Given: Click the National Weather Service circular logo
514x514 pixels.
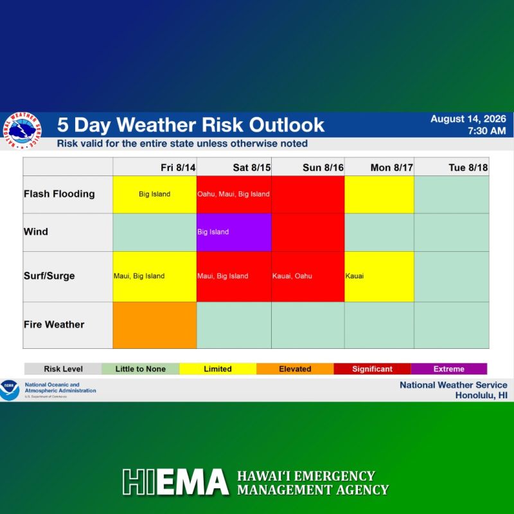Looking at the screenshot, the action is (22, 130).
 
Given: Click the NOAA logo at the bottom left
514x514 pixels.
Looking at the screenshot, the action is (10, 390).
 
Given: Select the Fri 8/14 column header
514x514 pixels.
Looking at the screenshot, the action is (178, 168).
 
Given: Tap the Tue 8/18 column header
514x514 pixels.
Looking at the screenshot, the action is (468, 168).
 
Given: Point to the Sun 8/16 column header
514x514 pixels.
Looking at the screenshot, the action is (323, 168).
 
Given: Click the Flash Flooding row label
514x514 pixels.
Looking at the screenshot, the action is (59, 194).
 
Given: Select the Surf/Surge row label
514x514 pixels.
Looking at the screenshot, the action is (49, 276).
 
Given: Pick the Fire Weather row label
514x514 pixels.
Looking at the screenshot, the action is (54, 324).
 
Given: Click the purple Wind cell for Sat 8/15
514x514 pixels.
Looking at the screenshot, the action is (234, 233).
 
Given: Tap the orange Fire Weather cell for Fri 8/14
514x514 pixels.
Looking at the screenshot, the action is (155, 325).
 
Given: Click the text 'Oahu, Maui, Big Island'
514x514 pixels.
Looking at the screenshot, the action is (233, 194).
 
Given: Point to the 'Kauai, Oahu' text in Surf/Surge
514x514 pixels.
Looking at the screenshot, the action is (292, 276).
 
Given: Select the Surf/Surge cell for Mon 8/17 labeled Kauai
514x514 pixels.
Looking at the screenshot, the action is (379, 276).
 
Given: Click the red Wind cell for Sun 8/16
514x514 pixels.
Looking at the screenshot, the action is (308, 233).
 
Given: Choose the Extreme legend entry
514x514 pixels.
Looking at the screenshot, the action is (448, 369).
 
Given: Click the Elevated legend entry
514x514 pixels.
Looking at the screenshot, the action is (295, 369).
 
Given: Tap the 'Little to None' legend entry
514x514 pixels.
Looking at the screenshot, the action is (140, 369).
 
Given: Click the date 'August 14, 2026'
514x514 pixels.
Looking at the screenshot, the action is (468, 119).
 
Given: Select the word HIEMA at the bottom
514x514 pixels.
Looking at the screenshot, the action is (175, 481).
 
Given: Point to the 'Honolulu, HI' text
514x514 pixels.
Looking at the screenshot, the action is (481, 395).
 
